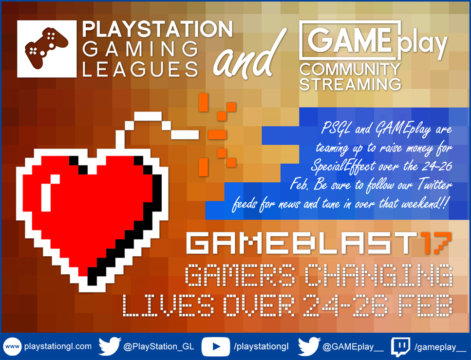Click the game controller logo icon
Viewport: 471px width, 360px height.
(47, 49)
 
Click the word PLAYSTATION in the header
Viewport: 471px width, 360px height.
(157, 29)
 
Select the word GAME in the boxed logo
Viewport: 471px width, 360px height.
(350, 39)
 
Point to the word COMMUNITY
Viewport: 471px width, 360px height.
(350, 69)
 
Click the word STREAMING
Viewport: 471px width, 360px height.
(350, 84)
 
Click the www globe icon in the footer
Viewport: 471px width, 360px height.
(12, 347)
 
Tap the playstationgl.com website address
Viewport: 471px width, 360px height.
(58, 346)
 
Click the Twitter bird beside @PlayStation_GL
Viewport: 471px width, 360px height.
(110, 346)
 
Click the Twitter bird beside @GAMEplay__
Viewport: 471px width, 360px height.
(309, 346)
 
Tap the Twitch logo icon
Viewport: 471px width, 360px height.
(400, 347)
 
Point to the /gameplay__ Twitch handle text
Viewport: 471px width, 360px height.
(440, 347)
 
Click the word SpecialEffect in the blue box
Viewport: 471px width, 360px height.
(343, 167)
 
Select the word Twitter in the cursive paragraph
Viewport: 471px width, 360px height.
(435, 185)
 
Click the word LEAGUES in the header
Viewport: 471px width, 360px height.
(140, 69)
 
